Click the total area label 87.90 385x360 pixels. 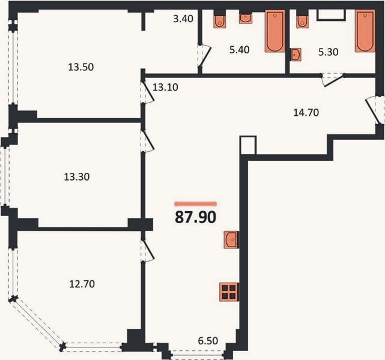coord(195,217)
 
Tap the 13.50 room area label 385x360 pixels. coord(80,67)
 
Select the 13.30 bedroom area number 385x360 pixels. coord(77,177)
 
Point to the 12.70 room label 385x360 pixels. coord(82,284)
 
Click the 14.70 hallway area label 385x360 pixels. coord(306,113)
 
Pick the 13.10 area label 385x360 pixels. coord(165,88)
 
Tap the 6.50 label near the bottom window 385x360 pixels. coord(208,341)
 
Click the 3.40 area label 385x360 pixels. coord(183,19)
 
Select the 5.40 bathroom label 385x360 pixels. coord(240,50)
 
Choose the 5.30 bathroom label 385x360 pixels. coord(329,52)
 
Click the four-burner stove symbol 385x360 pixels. coord(229,292)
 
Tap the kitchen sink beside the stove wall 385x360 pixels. coord(231,239)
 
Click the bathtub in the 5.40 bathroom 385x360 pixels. coord(274,31)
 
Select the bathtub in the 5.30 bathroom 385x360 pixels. coord(365,31)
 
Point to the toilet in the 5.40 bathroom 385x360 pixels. coord(219,22)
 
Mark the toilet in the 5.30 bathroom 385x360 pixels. coord(302,22)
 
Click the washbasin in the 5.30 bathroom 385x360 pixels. coord(296,55)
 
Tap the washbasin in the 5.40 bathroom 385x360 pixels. coord(246,18)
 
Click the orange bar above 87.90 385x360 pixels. coord(195,203)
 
